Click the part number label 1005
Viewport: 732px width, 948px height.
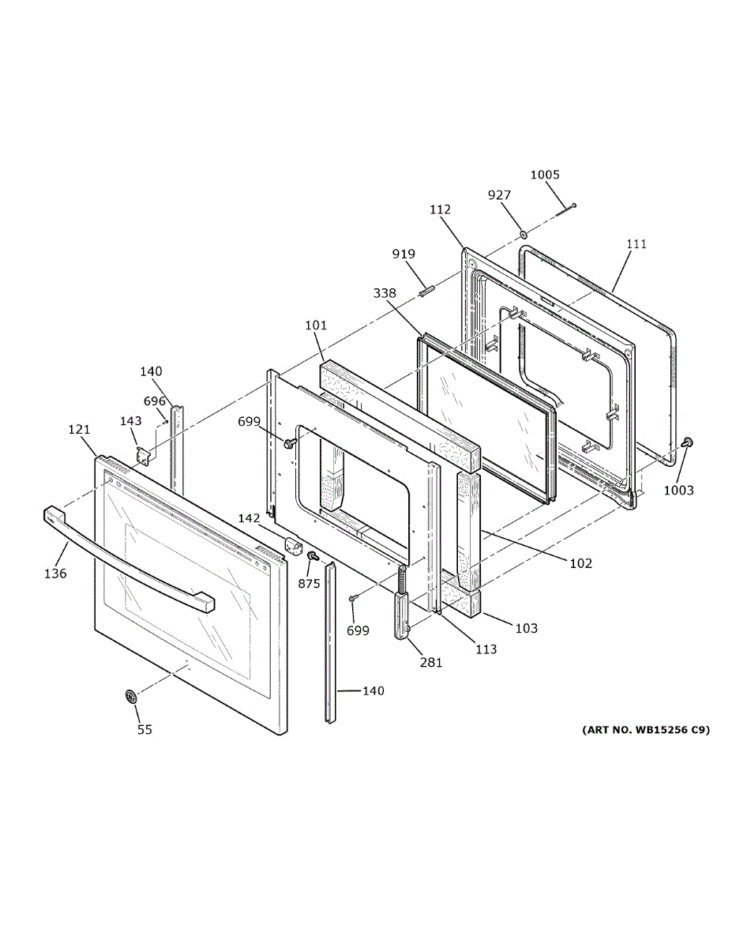tap(545, 175)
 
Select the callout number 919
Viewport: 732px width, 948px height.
tap(404, 254)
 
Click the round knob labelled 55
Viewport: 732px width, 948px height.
tap(131, 697)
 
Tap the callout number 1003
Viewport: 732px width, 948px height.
tap(678, 490)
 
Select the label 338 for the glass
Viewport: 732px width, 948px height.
tap(385, 293)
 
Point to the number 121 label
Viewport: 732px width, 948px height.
tap(79, 430)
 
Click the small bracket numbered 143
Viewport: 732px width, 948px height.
tap(143, 456)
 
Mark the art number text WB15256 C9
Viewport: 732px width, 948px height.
tap(646, 729)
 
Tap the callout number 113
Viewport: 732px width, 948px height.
tap(486, 649)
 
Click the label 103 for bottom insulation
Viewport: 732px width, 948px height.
tap(526, 628)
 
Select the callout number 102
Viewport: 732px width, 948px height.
tap(580, 563)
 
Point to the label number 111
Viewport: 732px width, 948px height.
tap(636, 243)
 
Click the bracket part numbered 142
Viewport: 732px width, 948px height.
tap(293, 546)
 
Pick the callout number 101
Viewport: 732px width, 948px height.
tap(315, 325)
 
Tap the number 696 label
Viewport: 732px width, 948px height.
tap(155, 401)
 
